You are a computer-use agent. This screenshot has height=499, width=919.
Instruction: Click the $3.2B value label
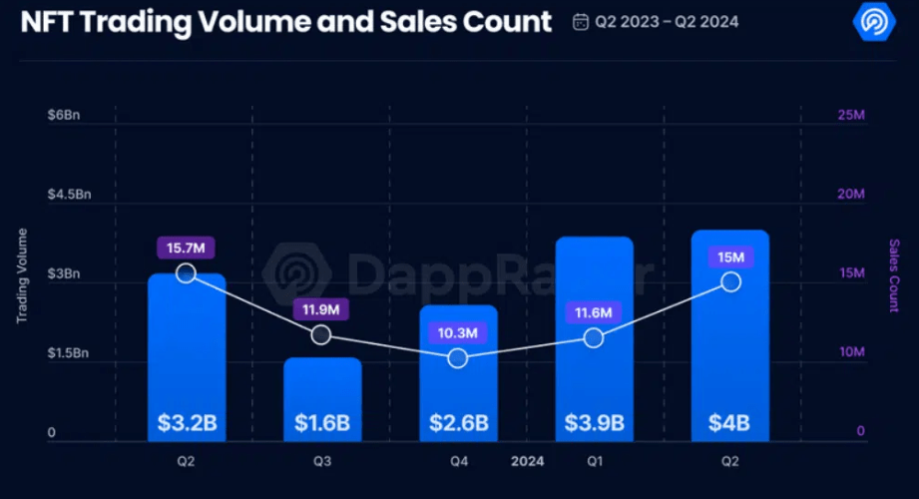[x=187, y=422]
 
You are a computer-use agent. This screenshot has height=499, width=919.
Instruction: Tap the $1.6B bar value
[x=322, y=422]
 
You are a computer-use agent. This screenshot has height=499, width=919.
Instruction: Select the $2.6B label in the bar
[x=458, y=422]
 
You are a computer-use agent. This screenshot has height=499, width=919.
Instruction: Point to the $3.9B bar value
[x=594, y=422]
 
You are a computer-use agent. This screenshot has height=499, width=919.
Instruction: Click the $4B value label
[x=729, y=422]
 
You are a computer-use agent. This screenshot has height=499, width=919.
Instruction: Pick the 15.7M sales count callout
[x=187, y=248]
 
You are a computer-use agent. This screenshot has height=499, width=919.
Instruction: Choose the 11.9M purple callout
[x=322, y=310]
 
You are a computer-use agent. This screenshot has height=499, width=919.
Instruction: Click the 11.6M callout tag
[x=594, y=313]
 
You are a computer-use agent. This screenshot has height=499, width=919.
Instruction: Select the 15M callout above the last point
[x=730, y=257]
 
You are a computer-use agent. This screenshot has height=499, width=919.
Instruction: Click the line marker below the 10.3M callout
[x=458, y=358]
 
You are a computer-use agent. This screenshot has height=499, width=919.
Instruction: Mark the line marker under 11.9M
[x=321, y=335]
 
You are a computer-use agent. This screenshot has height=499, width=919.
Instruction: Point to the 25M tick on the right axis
[x=850, y=116]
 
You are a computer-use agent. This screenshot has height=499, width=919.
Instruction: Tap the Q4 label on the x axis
[x=458, y=462]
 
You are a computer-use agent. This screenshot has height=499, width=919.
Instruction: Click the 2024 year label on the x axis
[x=527, y=462]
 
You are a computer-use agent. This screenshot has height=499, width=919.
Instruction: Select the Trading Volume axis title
[x=22, y=275]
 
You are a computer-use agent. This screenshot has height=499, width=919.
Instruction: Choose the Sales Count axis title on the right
[x=894, y=275]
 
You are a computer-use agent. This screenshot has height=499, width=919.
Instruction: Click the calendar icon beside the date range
[x=581, y=21]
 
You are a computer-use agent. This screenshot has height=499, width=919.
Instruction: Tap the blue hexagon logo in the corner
[x=874, y=21]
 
